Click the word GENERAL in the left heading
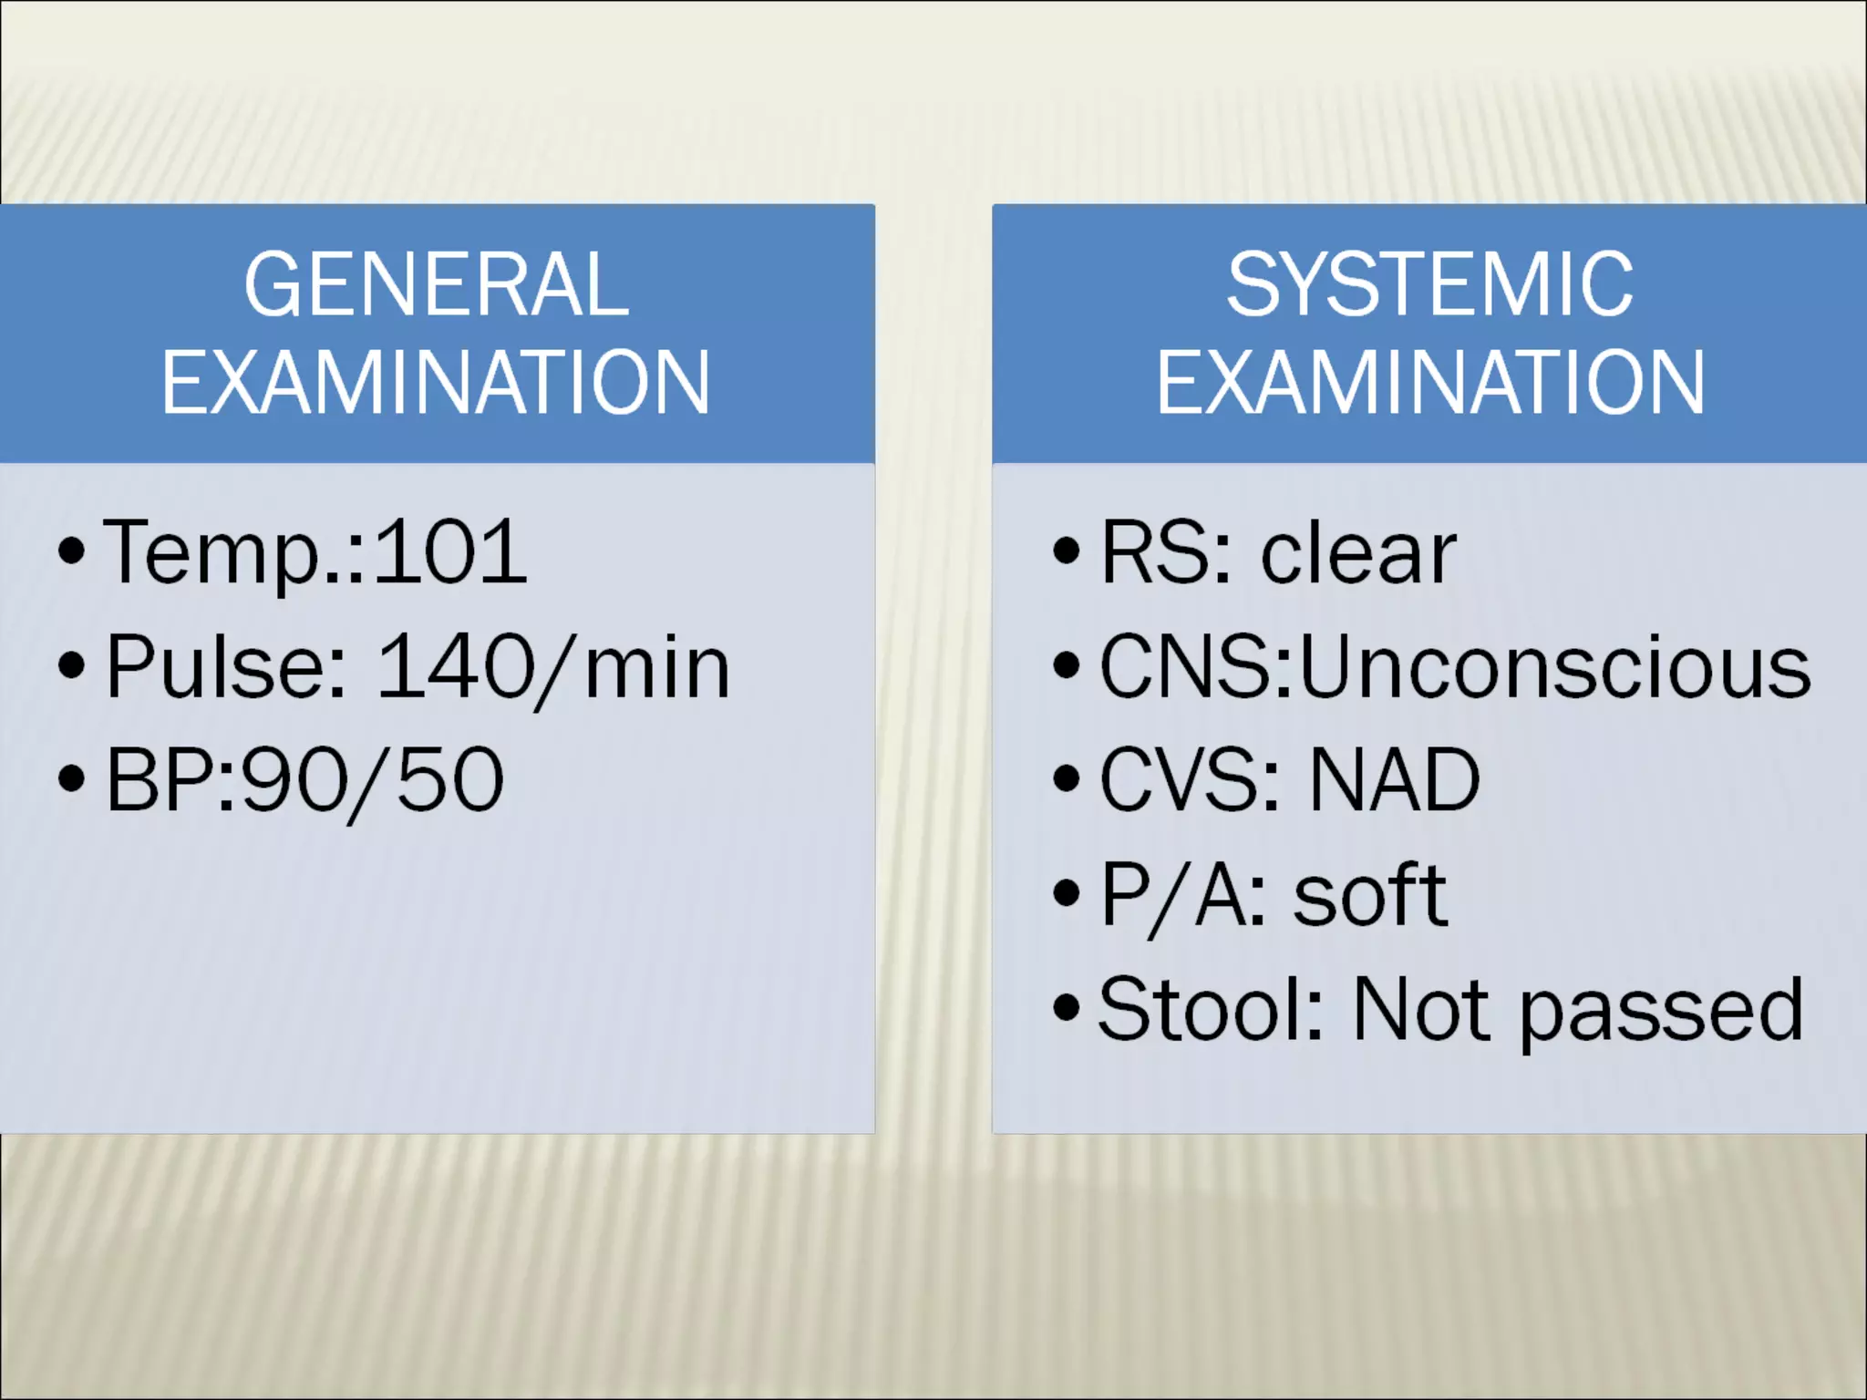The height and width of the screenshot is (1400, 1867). (x=437, y=285)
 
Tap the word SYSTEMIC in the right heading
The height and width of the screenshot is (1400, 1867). (x=1429, y=285)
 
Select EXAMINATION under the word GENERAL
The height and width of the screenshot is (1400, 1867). (x=437, y=382)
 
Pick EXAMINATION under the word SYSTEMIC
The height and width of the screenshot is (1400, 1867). (x=1429, y=382)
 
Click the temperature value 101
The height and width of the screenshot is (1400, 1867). (x=450, y=552)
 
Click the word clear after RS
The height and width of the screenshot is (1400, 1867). (x=1358, y=554)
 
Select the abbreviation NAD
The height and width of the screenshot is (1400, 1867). (x=1394, y=781)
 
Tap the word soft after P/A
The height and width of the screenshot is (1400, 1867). (x=1369, y=896)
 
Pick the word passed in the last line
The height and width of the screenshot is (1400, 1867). (x=1661, y=1012)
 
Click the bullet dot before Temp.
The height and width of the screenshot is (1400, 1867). (x=71, y=551)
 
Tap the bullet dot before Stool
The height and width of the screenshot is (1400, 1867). (x=1066, y=1009)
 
